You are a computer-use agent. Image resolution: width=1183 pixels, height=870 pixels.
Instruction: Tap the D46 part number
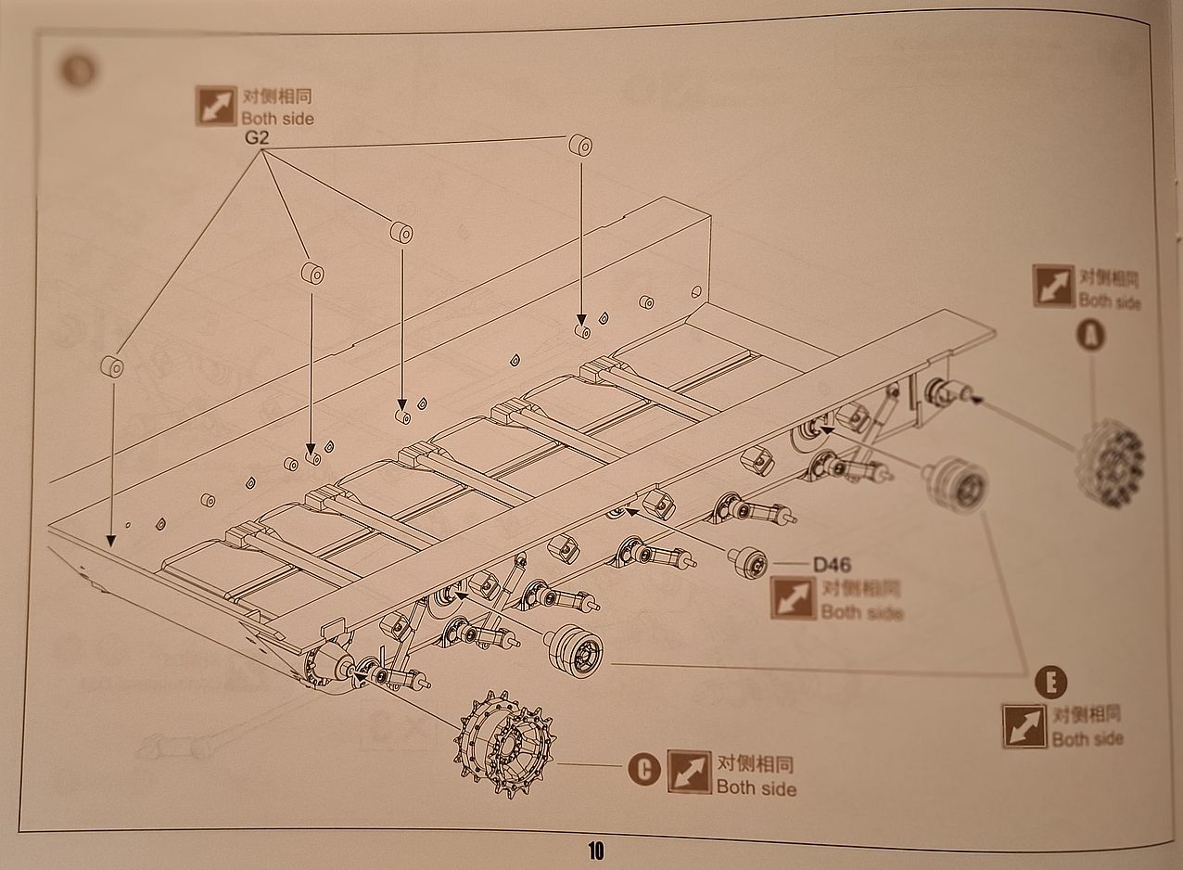pyautogui.click(x=833, y=565)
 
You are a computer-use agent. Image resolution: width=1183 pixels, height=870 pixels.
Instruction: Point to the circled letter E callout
pyautogui.click(x=1050, y=684)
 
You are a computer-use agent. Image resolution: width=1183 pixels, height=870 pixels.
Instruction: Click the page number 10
pyautogui.click(x=595, y=850)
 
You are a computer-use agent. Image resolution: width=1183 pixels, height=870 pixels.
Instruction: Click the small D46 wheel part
pyautogui.click(x=748, y=562)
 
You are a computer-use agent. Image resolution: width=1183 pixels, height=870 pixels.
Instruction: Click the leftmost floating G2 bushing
pyautogui.click(x=112, y=366)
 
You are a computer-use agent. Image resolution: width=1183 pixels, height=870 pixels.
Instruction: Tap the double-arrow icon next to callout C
pyautogui.click(x=689, y=772)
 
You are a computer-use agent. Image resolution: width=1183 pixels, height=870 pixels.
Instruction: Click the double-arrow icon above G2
pyautogui.click(x=216, y=106)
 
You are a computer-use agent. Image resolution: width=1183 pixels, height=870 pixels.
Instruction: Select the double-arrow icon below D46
pyautogui.click(x=792, y=598)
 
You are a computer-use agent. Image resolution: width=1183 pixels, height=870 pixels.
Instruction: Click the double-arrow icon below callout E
pyautogui.click(x=1024, y=725)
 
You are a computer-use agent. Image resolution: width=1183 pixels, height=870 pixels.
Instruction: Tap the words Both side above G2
pyautogui.click(x=277, y=119)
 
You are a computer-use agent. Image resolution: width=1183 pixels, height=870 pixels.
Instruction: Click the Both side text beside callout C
pyautogui.click(x=756, y=788)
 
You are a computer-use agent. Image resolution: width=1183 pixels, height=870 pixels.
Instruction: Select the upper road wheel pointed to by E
pyautogui.click(x=955, y=485)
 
